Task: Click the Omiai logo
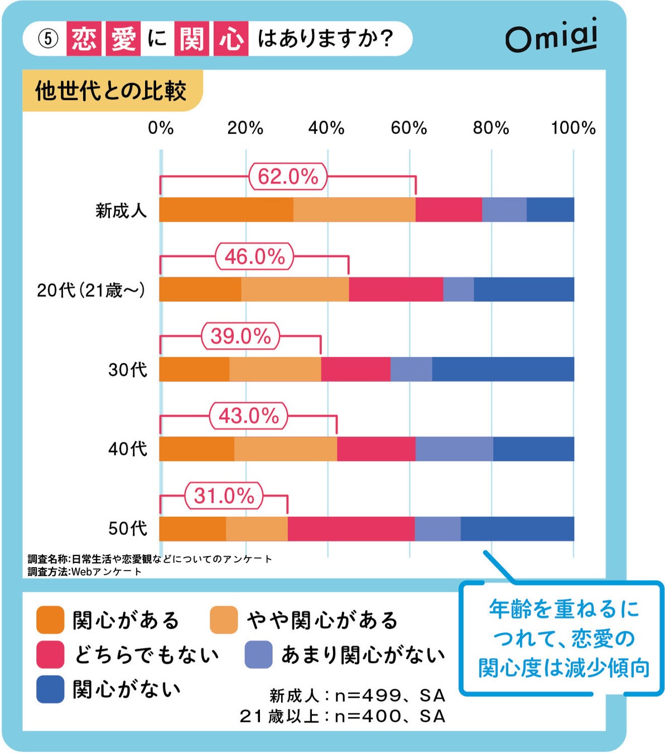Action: click(551, 36)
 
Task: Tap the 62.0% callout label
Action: click(288, 177)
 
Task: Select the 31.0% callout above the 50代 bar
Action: click(224, 496)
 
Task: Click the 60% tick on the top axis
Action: click(408, 128)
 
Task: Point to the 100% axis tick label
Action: click(573, 128)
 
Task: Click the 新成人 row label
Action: click(121, 210)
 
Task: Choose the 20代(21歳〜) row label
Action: click(91, 290)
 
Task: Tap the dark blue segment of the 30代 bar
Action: click(503, 369)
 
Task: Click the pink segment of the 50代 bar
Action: click(351, 529)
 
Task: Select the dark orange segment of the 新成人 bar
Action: click(227, 210)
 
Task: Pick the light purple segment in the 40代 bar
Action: click(454, 449)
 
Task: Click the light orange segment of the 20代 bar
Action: click(295, 289)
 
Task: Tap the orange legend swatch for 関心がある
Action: click(50, 620)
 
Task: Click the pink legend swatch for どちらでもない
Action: click(50, 654)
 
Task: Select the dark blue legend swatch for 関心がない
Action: click(50, 689)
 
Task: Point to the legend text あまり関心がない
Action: click(363, 655)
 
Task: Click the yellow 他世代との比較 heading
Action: click(111, 91)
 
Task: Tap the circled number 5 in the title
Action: click(49, 38)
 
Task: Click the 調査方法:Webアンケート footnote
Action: click(85, 572)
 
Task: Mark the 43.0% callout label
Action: click(248, 416)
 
